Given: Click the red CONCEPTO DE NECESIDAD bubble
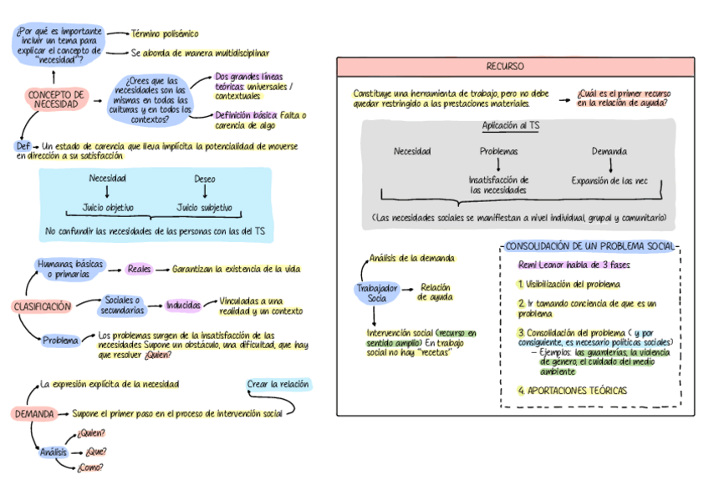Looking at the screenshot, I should coord(56,99).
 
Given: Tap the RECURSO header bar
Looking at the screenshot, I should coord(516,67).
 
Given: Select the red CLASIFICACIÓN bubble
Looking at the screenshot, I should coord(42,306).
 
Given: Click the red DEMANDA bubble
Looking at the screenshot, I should coord(34,413).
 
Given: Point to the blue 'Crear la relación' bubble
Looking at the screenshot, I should coord(278,385).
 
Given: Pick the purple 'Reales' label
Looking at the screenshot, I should coord(140,270).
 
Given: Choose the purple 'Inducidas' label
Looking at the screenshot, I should coord(183,306).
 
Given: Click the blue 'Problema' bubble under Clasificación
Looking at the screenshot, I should coord(61,341).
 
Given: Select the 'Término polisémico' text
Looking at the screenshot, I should coord(165,34).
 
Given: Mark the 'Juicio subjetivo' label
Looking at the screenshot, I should coord(205,208).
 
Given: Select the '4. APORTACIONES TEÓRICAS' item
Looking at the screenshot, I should coord(572,391).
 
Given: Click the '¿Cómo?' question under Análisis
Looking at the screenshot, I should coord(90,467).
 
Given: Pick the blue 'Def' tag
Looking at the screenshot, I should coord(23,145).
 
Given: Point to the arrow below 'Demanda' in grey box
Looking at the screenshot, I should coord(610,165).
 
